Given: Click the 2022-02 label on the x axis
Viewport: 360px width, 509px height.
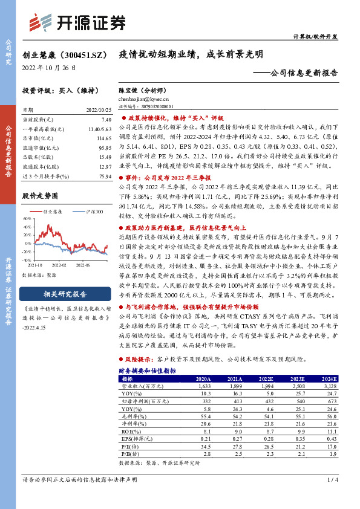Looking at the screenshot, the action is [x=59, y=264].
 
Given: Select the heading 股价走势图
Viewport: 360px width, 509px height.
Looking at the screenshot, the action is [x=40, y=196].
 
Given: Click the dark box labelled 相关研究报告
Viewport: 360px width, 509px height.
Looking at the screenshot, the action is [x=65, y=294].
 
